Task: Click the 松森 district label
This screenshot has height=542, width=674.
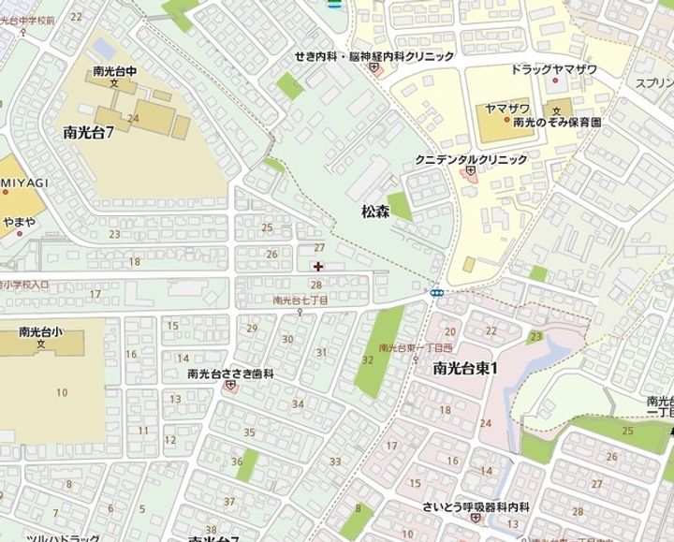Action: (374, 212)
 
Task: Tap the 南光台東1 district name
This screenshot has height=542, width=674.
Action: (464, 367)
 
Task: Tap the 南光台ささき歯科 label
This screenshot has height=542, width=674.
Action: (229, 373)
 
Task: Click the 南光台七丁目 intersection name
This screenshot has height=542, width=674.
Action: (300, 300)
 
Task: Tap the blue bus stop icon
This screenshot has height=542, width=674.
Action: (436, 293)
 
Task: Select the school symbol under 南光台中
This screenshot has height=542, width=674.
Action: (114, 83)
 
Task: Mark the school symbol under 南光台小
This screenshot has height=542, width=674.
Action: (41, 344)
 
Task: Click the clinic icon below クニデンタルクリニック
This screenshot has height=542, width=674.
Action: (470, 172)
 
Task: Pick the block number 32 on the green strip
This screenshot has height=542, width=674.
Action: (368, 359)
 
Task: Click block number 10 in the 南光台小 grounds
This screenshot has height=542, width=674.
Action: (62, 392)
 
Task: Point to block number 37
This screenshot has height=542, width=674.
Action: (229, 502)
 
